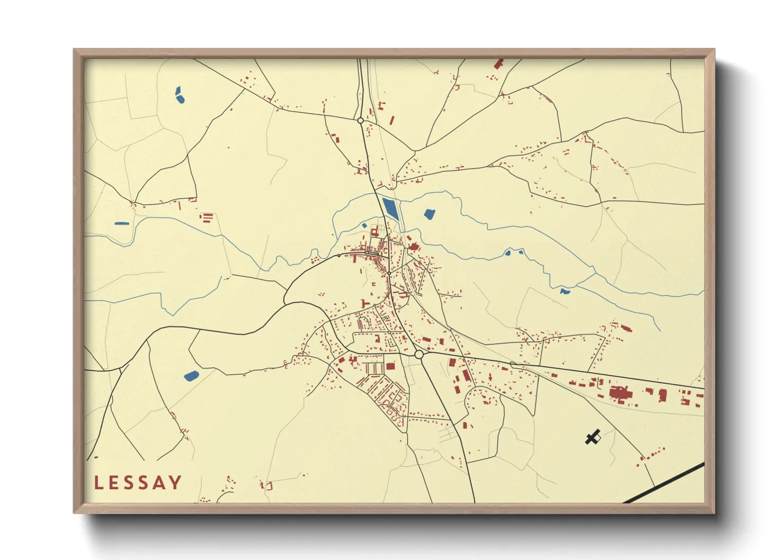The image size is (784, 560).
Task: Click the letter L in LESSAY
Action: [99, 483]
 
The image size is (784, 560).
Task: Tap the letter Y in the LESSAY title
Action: [175, 483]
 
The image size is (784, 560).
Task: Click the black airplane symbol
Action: [593, 437]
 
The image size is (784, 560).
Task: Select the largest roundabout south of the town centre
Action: [418, 355]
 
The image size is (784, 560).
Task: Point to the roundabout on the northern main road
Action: [360, 121]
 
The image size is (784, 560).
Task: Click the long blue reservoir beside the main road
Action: [390, 209]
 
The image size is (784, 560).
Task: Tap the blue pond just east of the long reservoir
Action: [429, 214]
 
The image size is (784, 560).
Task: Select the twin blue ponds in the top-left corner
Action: [179, 95]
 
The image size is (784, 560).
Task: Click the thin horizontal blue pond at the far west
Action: [121, 223]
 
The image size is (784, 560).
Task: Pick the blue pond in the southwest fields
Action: [191, 376]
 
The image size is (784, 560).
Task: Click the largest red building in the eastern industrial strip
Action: [618, 394]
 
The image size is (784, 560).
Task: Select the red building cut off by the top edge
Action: [498, 64]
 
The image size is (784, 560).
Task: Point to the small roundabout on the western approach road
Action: [339, 256]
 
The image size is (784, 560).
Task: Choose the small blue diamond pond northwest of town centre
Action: [364, 225]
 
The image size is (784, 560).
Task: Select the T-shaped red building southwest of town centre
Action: [365, 303]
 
